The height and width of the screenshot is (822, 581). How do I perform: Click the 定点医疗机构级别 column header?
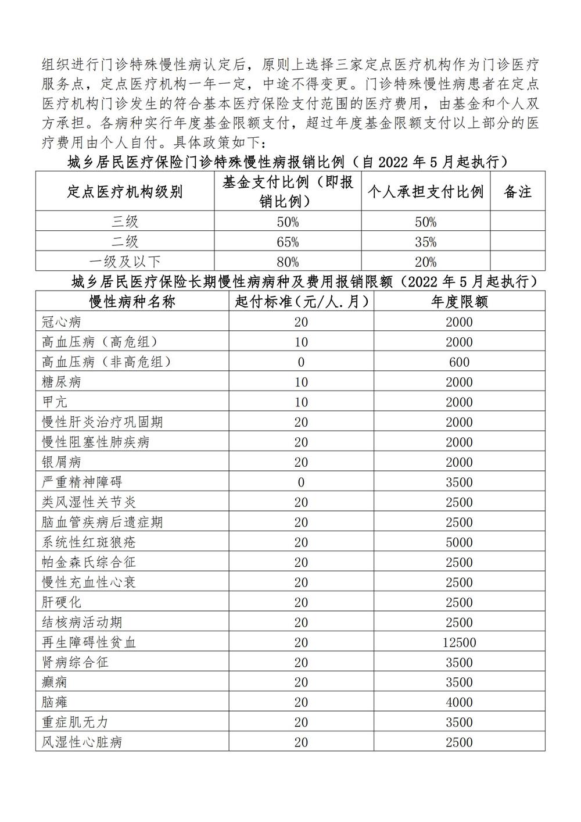pos(125,191)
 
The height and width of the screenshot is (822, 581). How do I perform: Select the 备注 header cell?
pos(518,191)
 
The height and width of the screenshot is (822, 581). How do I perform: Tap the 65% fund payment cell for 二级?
pos(288,242)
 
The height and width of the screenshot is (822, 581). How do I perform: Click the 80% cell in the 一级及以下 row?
pos(288,262)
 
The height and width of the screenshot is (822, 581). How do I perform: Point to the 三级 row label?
pos(125,221)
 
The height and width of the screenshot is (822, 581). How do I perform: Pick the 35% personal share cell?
pos(426,242)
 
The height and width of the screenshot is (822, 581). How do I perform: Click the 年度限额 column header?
pos(459,302)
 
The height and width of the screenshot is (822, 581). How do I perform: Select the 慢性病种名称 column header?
pos(132,302)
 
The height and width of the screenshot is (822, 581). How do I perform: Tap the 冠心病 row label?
pos(62,322)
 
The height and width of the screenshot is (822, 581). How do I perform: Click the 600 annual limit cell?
pos(459,362)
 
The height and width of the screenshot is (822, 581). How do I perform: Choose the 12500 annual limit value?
pos(459,642)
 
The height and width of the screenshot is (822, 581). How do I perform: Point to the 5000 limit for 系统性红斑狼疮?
pos(459,542)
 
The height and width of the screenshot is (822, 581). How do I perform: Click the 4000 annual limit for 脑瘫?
pos(459,702)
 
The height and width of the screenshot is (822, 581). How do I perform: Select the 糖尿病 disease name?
pos(62,382)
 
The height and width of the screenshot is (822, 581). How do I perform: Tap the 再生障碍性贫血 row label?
pos(89,642)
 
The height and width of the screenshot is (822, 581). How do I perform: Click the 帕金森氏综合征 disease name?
pos(89,562)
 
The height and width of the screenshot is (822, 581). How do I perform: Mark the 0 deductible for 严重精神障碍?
pos(301,482)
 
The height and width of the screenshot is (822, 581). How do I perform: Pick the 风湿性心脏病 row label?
pos(82,742)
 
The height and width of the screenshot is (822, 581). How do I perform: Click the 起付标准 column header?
pos(301,302)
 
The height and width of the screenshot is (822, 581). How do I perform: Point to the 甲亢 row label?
pos(55,402)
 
